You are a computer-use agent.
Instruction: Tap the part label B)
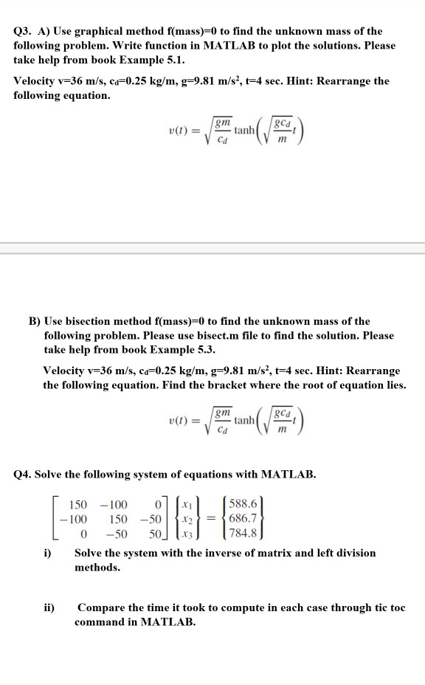point(34,321)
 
